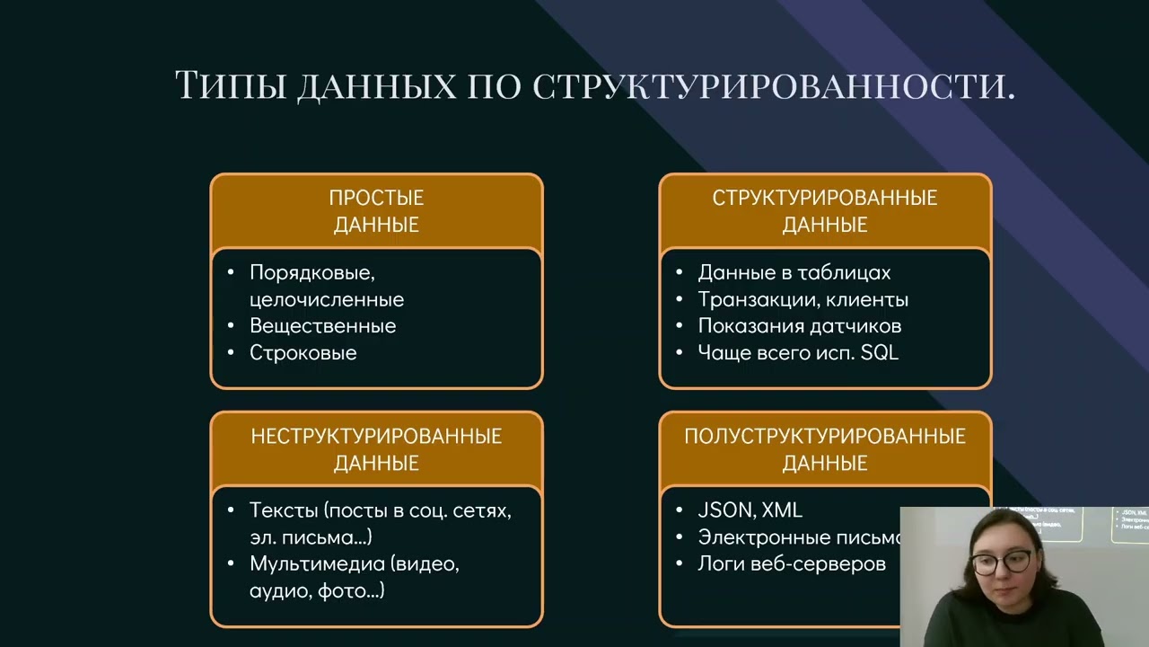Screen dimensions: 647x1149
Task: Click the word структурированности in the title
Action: (774, 85)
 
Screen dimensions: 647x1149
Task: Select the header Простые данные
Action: (376, 211)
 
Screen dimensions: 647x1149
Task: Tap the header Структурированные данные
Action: (825, 211)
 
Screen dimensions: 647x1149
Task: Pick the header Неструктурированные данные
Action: (376, 449)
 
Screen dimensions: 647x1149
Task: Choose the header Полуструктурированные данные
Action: (825, 449)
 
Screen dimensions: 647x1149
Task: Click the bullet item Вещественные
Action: (322, 326)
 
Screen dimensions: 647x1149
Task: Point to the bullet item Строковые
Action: (303, 353)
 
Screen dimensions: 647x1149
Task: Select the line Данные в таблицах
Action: (794, 273)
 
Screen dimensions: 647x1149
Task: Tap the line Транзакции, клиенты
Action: (803, 300)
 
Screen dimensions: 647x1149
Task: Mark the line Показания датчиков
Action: (799, 326)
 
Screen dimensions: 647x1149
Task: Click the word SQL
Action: (879, 353)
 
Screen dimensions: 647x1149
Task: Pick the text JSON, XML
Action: (750, 510)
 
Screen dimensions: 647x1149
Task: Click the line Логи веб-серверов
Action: (791, 564)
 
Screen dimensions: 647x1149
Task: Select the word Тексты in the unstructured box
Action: (284, 510)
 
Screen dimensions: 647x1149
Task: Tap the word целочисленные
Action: (326, 300)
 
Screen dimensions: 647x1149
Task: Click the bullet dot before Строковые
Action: (231, 353)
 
